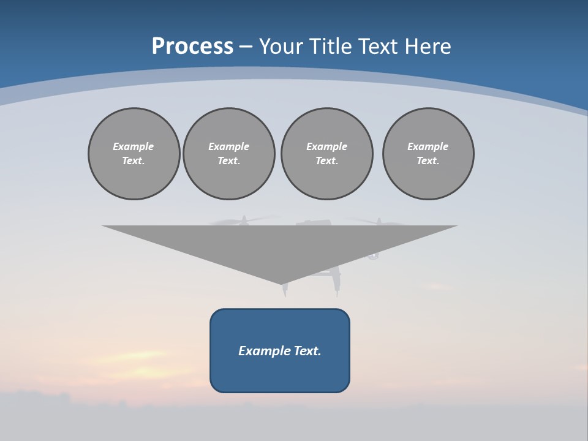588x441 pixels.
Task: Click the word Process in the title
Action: (x=192, y=46)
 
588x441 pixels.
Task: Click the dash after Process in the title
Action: (x=246, y=47)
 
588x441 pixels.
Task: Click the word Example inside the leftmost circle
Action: (x=134, y=146)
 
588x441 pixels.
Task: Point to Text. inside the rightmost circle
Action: (x=428, y=160)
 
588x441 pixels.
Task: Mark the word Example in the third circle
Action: (x=326, y=146)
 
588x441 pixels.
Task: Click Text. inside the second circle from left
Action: (x=229, y=160)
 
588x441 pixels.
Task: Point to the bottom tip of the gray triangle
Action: (x=282, y=284)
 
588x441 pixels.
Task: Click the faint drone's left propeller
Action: (x=244, y=220)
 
